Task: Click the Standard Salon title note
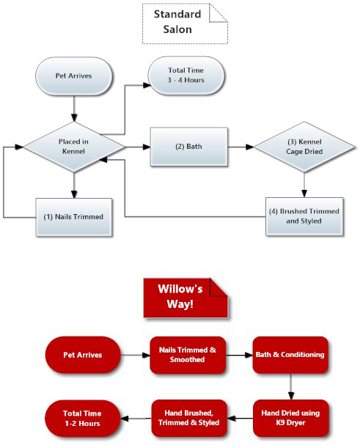185,23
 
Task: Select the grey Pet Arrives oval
74,76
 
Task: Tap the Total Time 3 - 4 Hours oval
186,76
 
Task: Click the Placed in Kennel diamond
74,147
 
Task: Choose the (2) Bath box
189,147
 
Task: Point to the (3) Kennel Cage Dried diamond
304,147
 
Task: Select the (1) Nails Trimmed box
74,217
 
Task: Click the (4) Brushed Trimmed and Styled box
304,216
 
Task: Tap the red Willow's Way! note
185,298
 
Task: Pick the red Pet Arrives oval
83,355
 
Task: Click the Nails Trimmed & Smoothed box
188,355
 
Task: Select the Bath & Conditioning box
290,355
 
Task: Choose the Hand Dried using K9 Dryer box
291,418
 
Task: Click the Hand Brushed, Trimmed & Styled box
189,418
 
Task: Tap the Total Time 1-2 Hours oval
83,419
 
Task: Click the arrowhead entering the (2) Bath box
147,147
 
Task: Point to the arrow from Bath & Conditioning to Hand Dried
290,386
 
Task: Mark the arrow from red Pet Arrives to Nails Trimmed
136,355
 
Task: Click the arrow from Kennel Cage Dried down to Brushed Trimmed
304,185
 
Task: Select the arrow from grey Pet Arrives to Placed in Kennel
74,109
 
